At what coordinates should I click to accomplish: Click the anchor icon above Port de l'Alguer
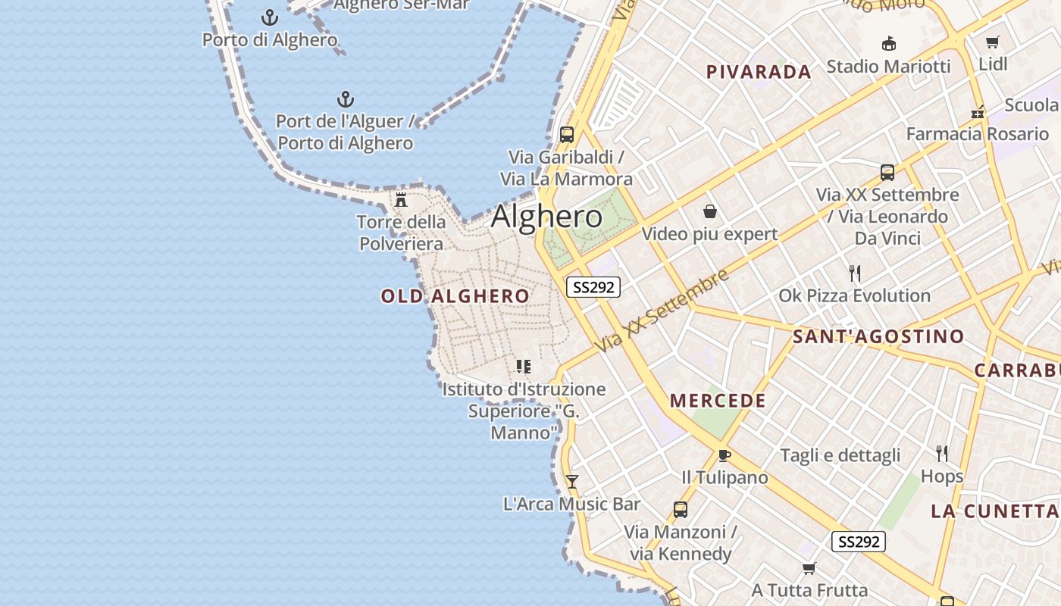coord(346,99)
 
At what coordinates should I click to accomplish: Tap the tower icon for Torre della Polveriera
coord(401,200)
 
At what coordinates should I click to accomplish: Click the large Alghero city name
coord(546,217)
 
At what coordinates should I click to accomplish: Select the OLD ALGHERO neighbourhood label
coord(455,296)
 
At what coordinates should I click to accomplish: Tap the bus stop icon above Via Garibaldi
coord(566,136)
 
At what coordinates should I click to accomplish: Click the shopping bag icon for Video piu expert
coord(710,211)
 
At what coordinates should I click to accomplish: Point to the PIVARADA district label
coord(759,72)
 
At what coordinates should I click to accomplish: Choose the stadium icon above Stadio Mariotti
coord(888,44)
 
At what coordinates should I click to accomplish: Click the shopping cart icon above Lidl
coord(993,42)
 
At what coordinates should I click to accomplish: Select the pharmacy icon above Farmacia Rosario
coord(978,112)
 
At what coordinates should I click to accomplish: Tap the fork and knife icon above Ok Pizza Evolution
coord(855,273)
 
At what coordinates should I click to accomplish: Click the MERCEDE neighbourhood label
coord(718,401)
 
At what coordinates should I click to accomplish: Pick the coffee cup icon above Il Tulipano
coord(724,455)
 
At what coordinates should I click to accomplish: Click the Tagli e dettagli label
coord(840,455)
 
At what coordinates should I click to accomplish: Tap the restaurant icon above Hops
coord(942,454)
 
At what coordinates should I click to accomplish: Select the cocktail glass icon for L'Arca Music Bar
coord(572,482)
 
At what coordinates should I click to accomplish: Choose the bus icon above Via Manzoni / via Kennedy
coord(681,510)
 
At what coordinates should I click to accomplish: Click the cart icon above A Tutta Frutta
coord(809,568)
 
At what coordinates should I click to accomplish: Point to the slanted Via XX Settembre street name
coord(661,311)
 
